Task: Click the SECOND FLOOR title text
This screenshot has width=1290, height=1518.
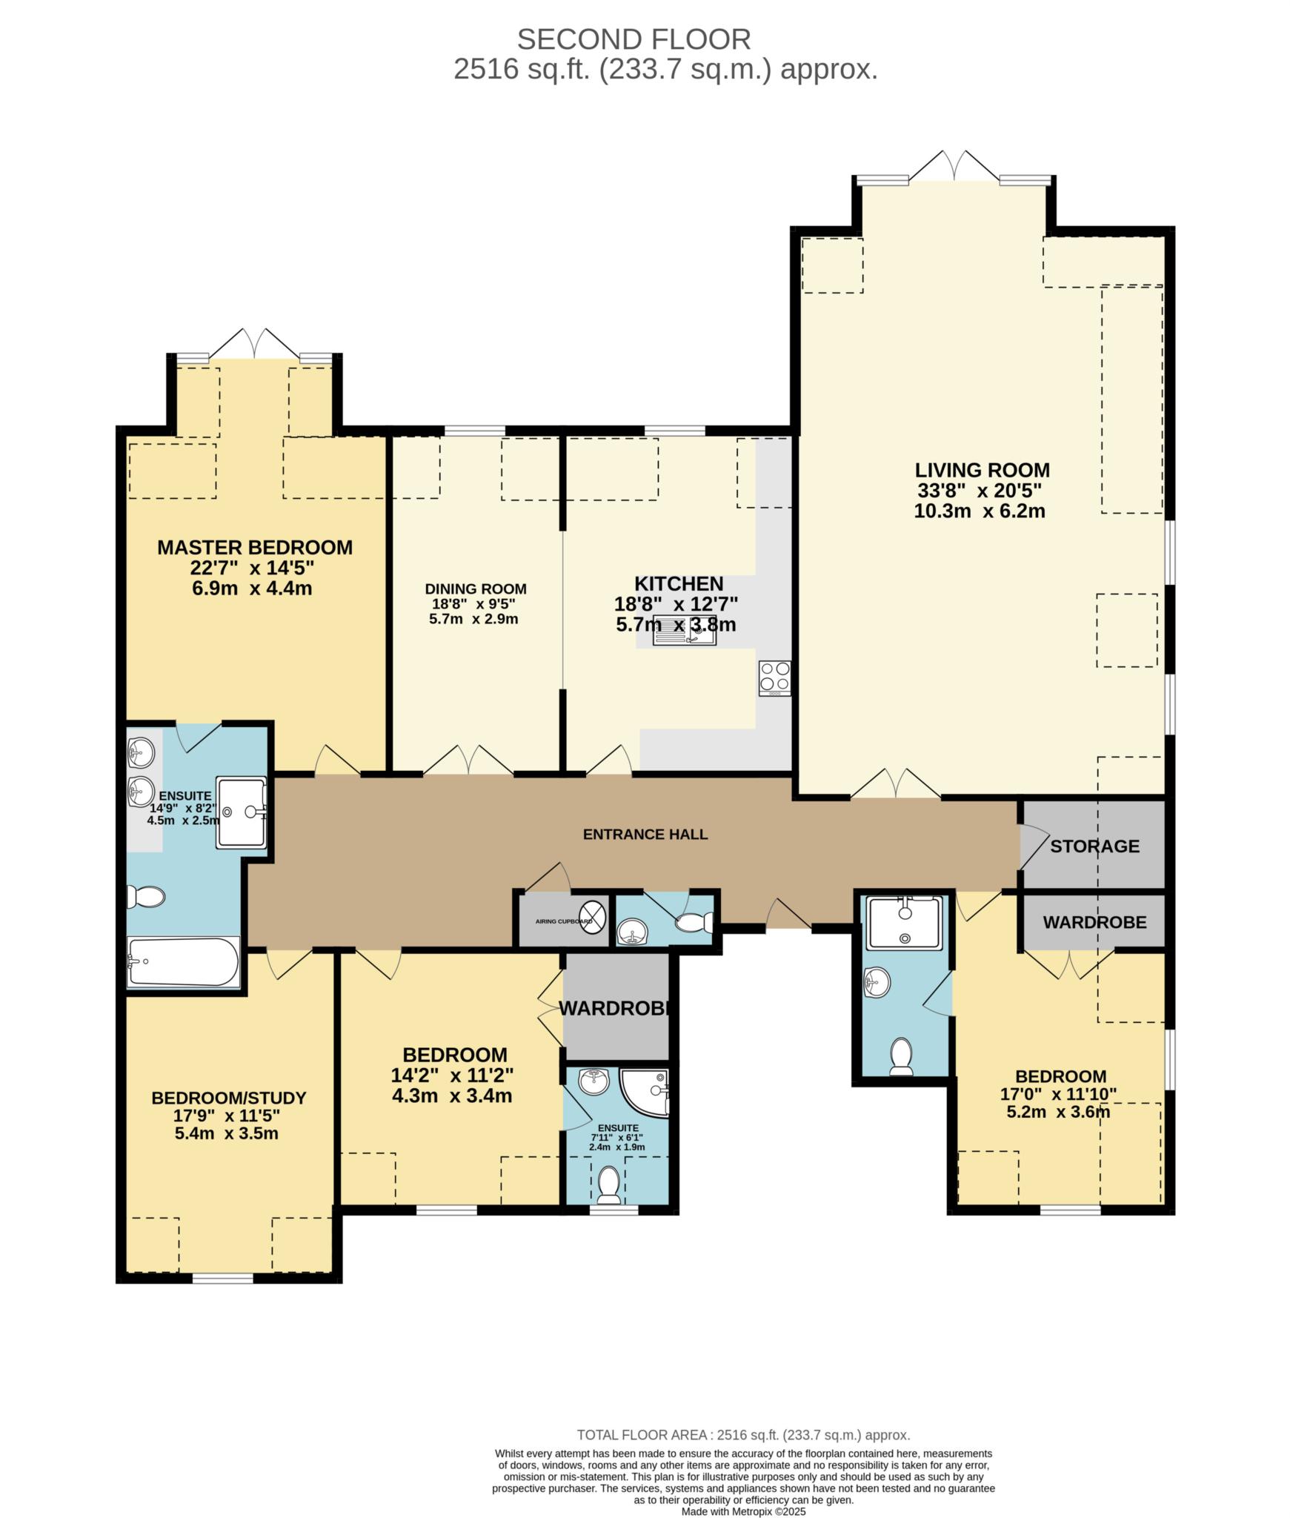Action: click(634, 39)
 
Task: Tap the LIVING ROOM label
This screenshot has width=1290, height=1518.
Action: click(982, 470)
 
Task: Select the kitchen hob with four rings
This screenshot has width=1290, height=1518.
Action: click(774, 677)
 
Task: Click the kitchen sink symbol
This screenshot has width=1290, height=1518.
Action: click(684, 631)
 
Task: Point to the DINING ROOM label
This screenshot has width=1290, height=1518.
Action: click(475, 589)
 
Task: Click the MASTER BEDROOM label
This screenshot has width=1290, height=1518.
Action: click(254, 548)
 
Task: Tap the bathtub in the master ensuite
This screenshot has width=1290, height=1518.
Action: click(183, 962)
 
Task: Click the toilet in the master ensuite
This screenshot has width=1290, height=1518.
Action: click(146, 897)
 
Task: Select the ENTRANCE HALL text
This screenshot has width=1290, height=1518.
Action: click(645, 835)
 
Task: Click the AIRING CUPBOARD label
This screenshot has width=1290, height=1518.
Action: click(563, 921)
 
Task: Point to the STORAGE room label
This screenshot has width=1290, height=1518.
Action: click(1094, 846)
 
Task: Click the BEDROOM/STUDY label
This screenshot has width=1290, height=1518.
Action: click(228, 1098)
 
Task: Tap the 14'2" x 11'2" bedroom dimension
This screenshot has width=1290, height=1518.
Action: click(452, 1075)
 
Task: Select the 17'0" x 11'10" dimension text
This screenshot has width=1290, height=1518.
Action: click(1060, 1094)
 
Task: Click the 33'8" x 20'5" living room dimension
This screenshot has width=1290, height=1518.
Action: click(980, 491)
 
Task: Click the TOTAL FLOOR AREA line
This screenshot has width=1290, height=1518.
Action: click(742, 1435)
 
